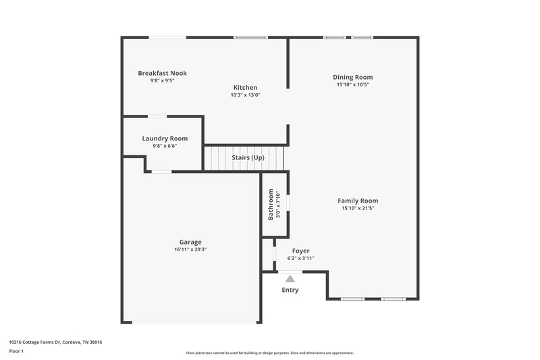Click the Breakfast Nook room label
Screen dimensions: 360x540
(162, 73)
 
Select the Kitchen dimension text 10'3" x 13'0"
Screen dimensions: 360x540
(245, 95)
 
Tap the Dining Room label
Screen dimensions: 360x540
(353, 77)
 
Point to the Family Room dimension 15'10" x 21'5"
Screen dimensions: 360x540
(358, 209)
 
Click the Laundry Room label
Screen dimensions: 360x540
(165, 138)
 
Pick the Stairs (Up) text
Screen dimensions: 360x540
(248, 157)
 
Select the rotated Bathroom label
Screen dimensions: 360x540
(271, 204)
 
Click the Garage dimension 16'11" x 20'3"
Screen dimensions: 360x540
(190, 249)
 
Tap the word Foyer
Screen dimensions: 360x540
(300, 251)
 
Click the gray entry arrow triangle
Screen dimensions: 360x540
(290, 278)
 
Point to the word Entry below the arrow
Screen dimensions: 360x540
(290, 290)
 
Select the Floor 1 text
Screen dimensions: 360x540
(16, 351)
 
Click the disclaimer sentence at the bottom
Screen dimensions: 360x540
(269, 353)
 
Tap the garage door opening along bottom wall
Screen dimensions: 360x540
(194, 322)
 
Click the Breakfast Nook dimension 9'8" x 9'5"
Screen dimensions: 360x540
(162, 80)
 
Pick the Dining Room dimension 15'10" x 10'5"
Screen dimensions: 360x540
(353, 85)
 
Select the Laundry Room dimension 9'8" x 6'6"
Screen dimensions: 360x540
(165, 146)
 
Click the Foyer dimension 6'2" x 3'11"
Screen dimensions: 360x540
(300, 258)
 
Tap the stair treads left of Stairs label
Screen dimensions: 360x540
(217, 158)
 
